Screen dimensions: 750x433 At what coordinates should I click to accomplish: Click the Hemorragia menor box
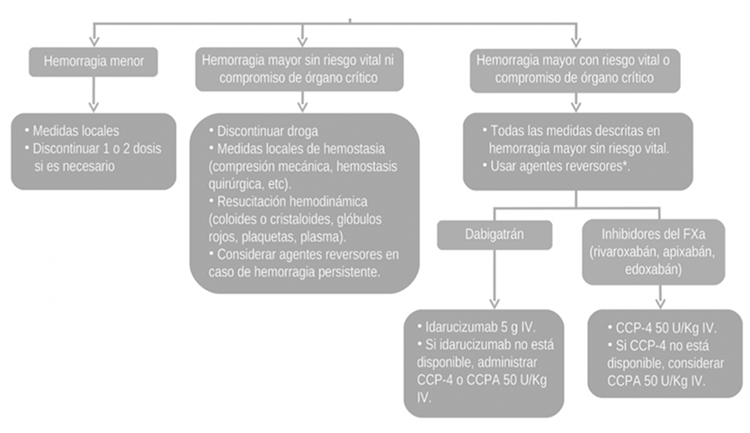94,62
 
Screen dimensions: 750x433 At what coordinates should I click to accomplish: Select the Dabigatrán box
495,234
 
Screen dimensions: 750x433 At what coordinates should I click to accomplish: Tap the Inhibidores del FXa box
654,252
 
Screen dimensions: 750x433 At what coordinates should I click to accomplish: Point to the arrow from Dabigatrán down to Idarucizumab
495,278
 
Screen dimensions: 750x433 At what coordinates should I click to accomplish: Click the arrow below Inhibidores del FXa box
661,296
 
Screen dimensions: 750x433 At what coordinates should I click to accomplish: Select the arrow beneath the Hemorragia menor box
94,94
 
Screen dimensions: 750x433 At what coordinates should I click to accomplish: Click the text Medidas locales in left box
76,130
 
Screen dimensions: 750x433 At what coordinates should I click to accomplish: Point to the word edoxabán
654,270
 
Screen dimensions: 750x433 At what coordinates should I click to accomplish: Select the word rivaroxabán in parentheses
624,252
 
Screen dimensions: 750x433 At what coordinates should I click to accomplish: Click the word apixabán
689,252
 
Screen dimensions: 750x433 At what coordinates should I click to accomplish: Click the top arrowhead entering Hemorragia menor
94,41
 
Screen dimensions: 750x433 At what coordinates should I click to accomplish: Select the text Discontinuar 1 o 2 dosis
97,148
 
